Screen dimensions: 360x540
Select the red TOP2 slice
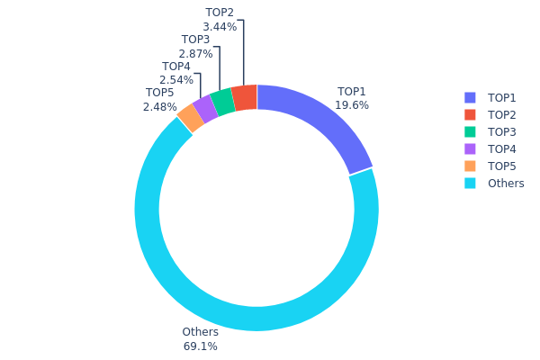(x=245, y=98)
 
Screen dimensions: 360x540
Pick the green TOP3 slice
(x=223, y=103)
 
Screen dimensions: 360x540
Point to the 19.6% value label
(x=352, y=105)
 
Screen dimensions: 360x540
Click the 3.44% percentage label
(x=220, y=27)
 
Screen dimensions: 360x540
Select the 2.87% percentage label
(x=195, y=54)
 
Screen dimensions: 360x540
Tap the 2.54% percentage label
(x=175, y=80)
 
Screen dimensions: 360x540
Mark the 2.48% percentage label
(x=159, y=107)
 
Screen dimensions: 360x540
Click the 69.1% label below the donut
(x=200, y=346)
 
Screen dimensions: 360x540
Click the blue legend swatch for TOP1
(x=470, y=97)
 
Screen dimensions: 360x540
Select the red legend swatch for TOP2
(x=470, y=114)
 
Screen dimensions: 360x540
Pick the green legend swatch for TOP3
(x=470, y=131)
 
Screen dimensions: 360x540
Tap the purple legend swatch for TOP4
(x=470, y=148)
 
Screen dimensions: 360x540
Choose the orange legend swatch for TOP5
(x=470, y=166)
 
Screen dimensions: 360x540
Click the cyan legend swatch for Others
(x=470, y=183)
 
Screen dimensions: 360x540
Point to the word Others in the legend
(x=506, y=184)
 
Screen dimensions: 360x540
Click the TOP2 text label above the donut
(x=220, y=13)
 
